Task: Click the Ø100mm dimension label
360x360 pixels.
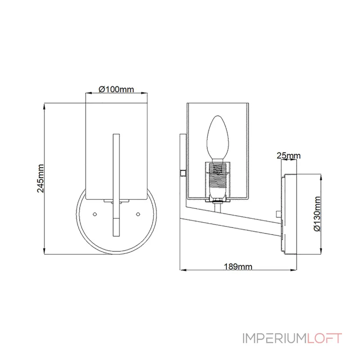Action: tap(116, 89)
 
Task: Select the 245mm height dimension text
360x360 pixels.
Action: tap(40, 178)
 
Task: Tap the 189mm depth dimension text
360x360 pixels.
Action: tap(238, 266)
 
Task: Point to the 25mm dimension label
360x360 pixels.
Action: tap(288, 156)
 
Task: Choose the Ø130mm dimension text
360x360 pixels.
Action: tap(317, 214)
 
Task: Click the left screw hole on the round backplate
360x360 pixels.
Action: tap(94, 214)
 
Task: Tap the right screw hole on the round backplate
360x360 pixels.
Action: tap(138, 214)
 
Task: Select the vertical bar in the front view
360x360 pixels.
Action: tap(116, 185)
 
